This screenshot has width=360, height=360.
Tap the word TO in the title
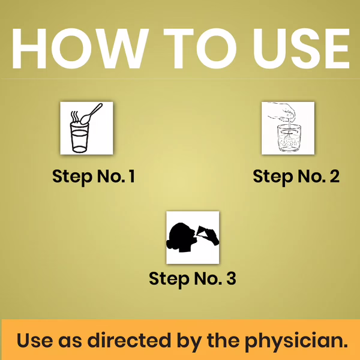coord(197,49)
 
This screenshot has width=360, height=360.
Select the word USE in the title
coord(301,49)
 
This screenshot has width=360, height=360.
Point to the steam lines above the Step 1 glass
coord(75,116)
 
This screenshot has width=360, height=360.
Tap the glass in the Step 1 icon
coord(79,138)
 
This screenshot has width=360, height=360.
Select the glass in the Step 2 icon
coord(289,138)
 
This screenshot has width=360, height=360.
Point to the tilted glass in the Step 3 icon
coord(203,232)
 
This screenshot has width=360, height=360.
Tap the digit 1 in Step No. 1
coord(132,176)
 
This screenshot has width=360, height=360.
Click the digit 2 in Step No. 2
coord(335,176)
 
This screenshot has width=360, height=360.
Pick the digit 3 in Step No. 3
coord(231,278)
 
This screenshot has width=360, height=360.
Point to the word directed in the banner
coord(129,340)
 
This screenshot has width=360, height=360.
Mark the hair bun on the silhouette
coord(169,244)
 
